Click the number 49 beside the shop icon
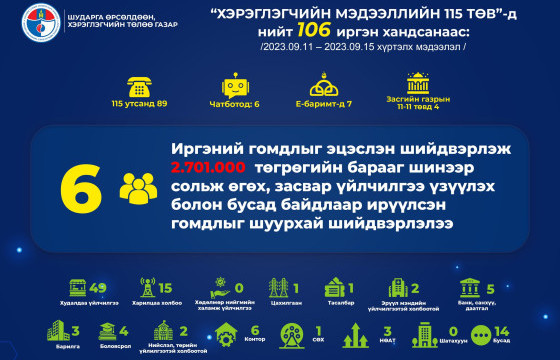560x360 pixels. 97,289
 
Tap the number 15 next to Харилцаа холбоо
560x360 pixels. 166,289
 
